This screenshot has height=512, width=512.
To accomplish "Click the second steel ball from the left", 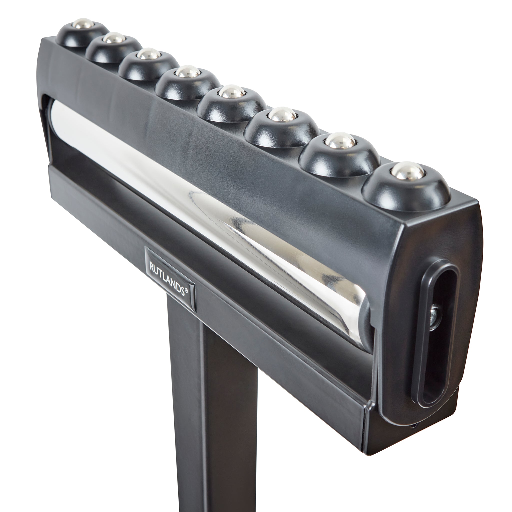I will coord(113,39).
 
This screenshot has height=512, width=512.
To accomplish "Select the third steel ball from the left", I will coord(149,54).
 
